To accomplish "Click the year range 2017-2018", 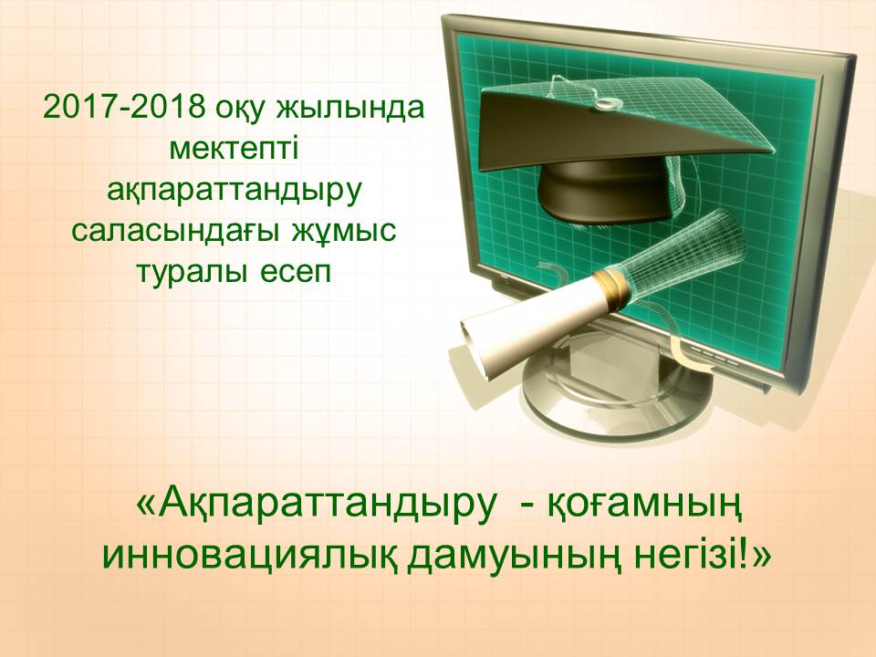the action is coord(124,108).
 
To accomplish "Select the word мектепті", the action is coord(235,149).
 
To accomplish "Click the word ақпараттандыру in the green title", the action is coord(235,191).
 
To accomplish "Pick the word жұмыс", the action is coord(344,232).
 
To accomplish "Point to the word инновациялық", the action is coord(248,556).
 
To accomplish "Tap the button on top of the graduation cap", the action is coord(607,103).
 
